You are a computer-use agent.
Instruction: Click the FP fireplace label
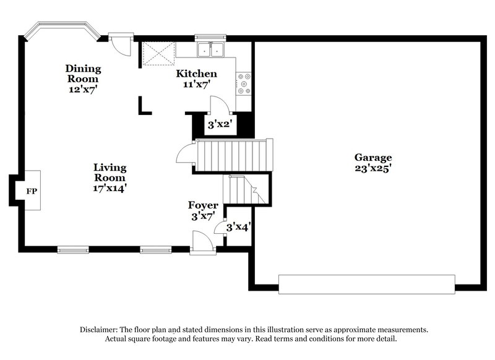pos(31,191)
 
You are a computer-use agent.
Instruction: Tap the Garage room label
pos(372,157)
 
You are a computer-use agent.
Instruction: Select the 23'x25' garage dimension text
pos(372,167)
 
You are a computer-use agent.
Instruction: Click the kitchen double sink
pos(211,50)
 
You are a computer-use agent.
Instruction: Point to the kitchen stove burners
pos(244,84)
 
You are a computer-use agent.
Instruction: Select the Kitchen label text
pos(196,74)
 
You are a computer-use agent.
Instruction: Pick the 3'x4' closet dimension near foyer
pos(237,227)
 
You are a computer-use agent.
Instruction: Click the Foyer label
pos(202,205)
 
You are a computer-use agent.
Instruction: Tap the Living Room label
pos(110,173)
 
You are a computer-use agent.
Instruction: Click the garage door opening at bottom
pos(366,284)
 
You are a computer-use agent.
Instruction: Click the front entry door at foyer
pos(202,242)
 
